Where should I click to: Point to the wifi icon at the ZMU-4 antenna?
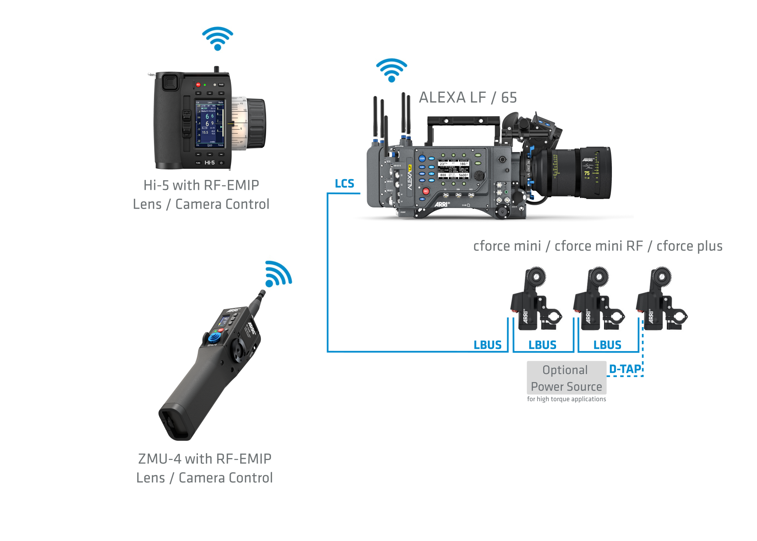click(x=278, y=274)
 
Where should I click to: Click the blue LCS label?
click(x=344, y=184)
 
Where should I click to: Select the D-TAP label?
click(x=625, y=369)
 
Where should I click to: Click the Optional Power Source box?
click(x=566, y=378)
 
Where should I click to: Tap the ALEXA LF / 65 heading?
click(x=467, y=98)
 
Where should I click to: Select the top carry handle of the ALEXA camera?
click(x=463, y=121)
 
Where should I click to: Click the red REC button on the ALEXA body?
click(x=426, y=191)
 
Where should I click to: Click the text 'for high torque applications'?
click(x=566, y=399)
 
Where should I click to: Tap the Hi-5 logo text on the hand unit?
click(x=209, y=163)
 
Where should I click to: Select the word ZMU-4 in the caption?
click(x=159, y=459)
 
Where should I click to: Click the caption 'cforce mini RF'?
click(x=598, y=246)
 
